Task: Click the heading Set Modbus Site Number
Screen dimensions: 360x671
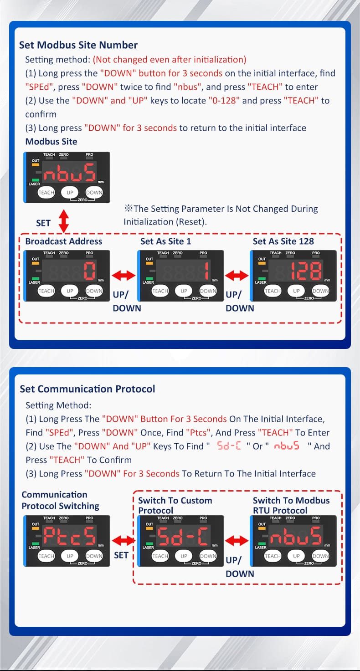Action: [x=78, y=45]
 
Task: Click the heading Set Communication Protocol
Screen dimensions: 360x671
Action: [x=87, y=389]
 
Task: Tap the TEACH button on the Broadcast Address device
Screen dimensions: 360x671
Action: [x=46, y=291]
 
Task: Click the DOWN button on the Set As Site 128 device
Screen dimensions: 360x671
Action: [x=320, y=291]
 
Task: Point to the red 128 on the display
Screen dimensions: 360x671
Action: [x=306, y=271]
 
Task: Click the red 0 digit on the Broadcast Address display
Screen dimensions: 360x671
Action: [x=90, y=271]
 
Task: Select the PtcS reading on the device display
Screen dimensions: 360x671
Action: [x=70, y=536]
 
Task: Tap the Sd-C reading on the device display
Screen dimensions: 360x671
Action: [x=183, y=536]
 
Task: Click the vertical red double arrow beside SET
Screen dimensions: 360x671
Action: [x=63, y=221]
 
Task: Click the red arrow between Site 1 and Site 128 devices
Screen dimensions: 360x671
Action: [x=237, y=275]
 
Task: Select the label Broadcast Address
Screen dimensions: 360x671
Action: [x=63, y=241]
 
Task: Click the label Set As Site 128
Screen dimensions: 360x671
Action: [x=283, y=241]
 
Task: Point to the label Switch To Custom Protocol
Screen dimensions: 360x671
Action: [x=175, y=505]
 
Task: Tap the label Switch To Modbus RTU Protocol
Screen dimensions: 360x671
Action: [x=291, y=505]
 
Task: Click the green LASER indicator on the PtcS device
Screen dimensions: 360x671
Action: [x=36, y=544]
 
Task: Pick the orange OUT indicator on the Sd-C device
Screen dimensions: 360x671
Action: [x=149, y=528]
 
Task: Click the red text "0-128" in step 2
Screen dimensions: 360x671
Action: [x=224, y=101]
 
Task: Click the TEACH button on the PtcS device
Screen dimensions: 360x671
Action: [x=46, y=556]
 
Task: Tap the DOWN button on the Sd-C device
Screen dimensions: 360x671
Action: [x=208, y=556]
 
